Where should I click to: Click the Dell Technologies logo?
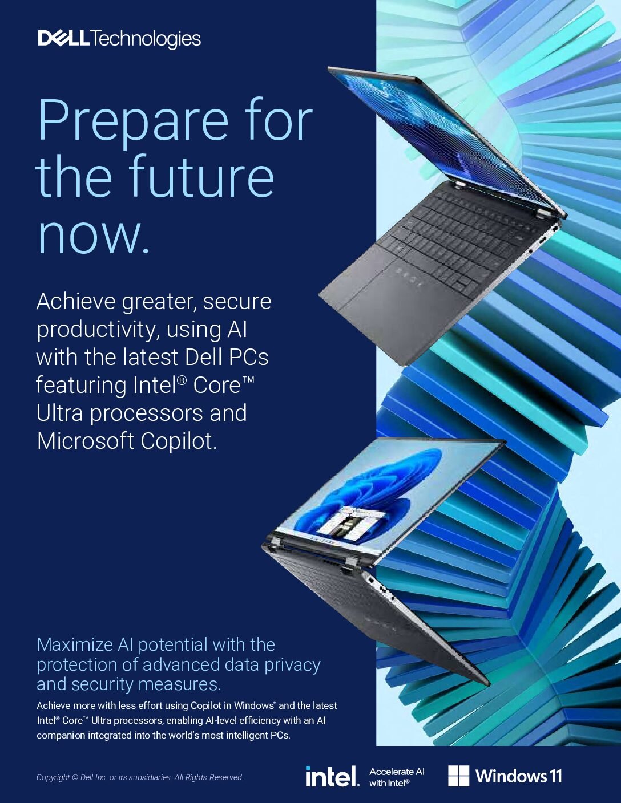(119, 39)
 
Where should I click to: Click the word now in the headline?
(93, 234)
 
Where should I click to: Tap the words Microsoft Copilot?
(127, 441)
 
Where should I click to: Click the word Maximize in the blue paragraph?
(75, 645)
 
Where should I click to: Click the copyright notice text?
(140, 777)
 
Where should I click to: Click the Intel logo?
(332, 776)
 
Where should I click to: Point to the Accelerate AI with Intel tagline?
(397, 777)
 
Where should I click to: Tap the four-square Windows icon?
(459, 776)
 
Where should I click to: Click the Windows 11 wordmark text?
(519, 776)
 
